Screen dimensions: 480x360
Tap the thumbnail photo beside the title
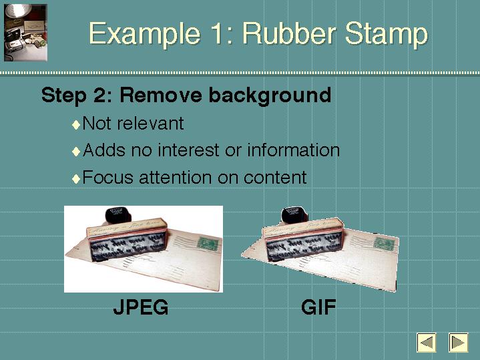(25, 33)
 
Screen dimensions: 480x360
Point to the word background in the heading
(270, 96)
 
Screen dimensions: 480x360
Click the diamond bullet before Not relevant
(76, 125)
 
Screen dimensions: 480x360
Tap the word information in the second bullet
(294, 150)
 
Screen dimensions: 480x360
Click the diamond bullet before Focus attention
(76, 178)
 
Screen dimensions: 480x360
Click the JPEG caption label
(141, 307)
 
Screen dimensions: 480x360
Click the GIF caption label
(318, 307)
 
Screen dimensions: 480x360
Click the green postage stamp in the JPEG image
(208, 244)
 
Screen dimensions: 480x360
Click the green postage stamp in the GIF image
(384, 244)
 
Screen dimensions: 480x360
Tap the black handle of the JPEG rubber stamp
(118, 216)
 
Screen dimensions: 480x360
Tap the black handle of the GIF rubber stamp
(294, 216)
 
